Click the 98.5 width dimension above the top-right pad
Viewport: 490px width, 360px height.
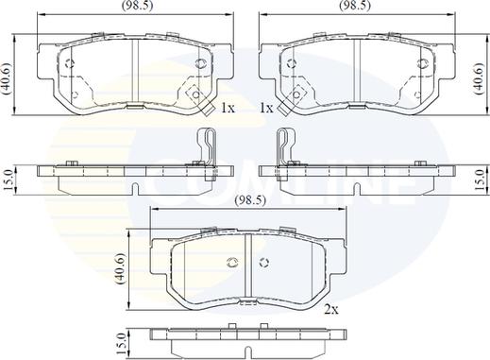pyautogui.click(x=355, y=6)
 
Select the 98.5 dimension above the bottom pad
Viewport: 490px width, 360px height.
pyautogui.click(x=250, y=200)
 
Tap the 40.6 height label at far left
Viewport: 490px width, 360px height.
pyautogui.click(x=7, y=78)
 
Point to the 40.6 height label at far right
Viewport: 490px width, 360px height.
pyautogui.click(x=479, y=78)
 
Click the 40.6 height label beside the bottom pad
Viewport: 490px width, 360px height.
pyautogui.click(x=121, y=268)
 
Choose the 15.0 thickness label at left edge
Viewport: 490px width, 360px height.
pyautogui.click(x=8, y=180)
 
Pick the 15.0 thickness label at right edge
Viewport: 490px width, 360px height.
pyautogui.click(x=480, y=180)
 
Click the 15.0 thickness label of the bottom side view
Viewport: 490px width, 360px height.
pyautogui.click(x=122, y=344)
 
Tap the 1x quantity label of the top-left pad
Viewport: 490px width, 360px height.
pyautogui.click(x=228, y=109)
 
